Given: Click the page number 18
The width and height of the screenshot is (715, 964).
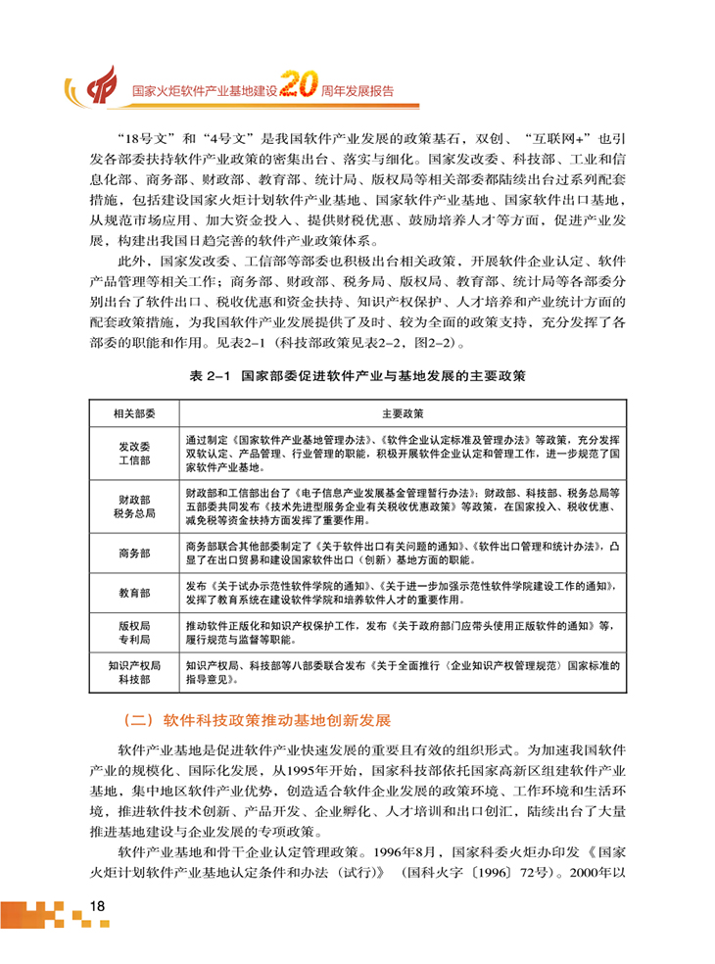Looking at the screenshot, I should pyautogui.click(x=96, y=905).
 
